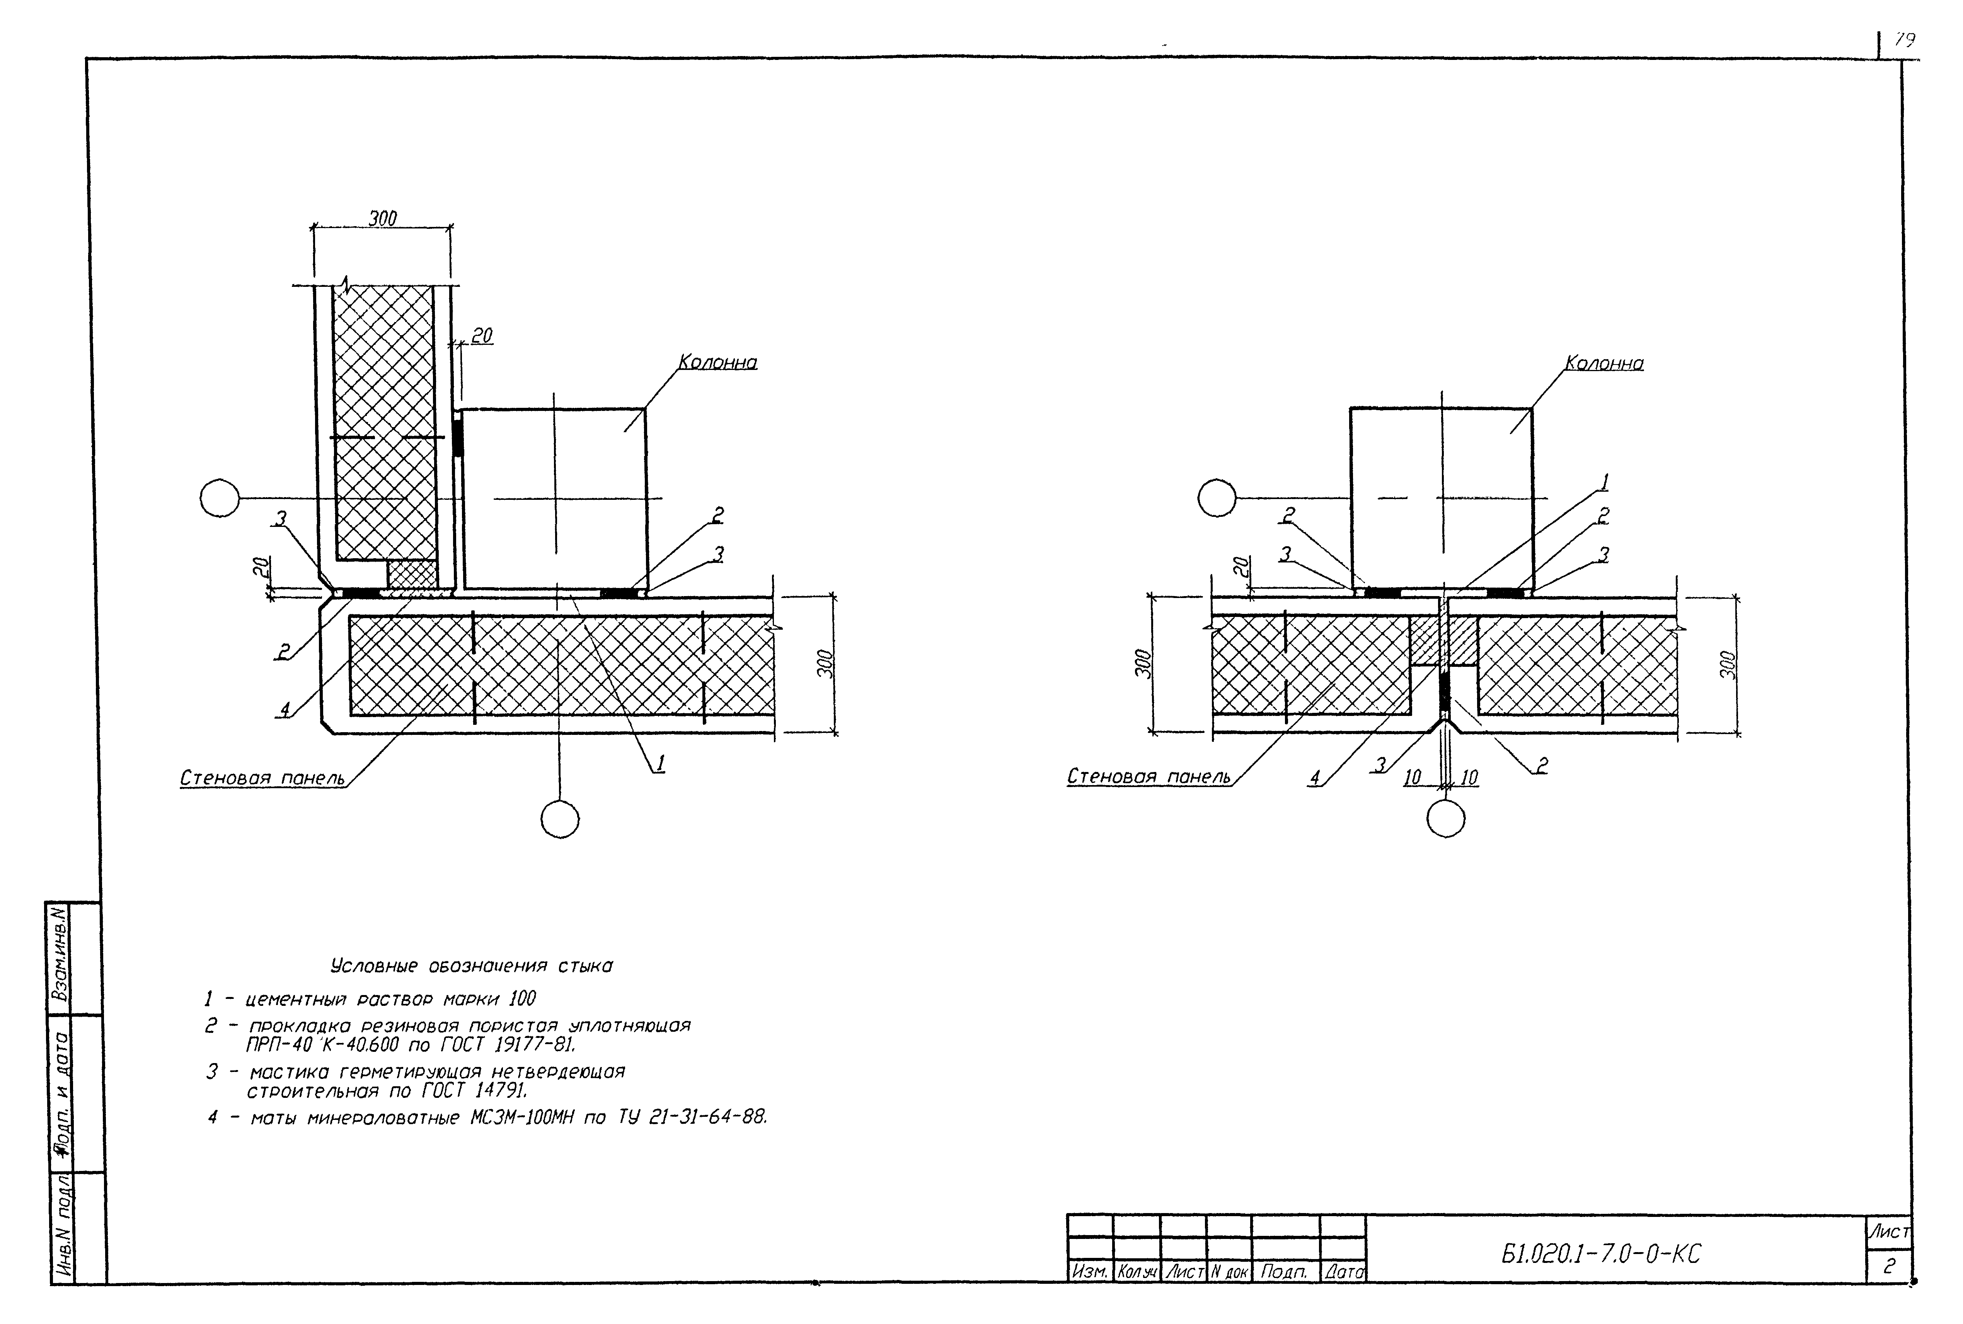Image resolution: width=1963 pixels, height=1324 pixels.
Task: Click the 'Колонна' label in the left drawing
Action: point(717,362)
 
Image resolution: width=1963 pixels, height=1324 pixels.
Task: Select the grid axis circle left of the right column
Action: point(1217,498)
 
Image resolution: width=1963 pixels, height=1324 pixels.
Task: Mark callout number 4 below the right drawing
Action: point(1315,777)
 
